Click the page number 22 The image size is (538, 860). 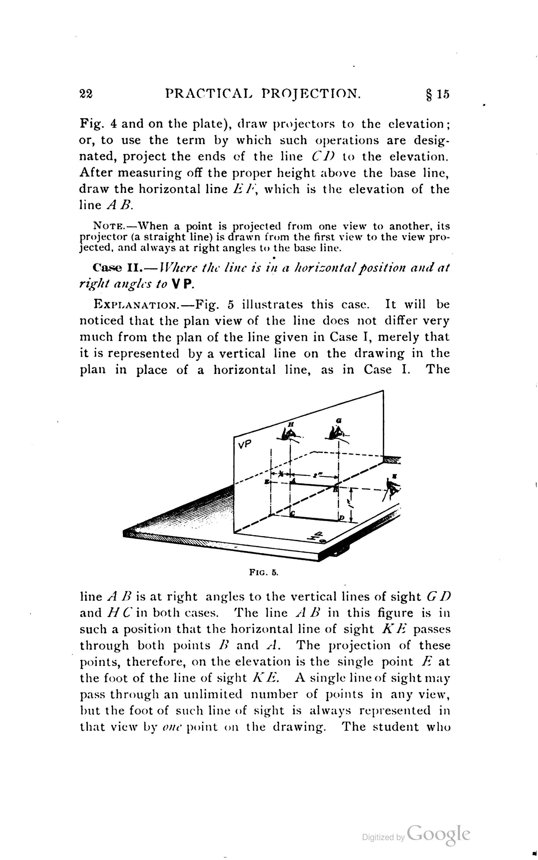click(x=86, y=94)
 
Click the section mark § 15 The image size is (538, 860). click(x=438, y=94)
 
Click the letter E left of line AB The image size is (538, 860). click(x=267, y=482)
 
